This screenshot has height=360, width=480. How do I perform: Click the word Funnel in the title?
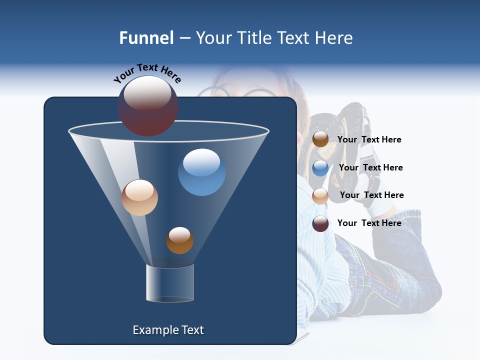(146, 38)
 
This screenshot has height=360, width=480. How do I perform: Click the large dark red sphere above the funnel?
(148, 106)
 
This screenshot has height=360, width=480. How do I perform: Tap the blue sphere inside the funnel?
(201, 172)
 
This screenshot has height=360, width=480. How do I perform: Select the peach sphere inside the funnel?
(139, 197)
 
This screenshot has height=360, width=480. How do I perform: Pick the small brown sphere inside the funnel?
(179, 240)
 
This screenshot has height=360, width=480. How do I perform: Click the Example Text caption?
(168, 330)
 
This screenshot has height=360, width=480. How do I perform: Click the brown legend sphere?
(320, 139)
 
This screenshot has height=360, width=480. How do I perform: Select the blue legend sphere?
(320, 168)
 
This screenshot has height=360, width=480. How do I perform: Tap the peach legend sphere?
(320, 195)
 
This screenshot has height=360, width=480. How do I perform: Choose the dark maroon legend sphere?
(320, 223)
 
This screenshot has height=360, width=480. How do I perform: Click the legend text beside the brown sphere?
(369, 140)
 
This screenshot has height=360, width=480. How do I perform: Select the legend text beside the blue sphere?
(370, 168)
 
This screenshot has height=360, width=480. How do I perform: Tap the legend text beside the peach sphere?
(371, 195)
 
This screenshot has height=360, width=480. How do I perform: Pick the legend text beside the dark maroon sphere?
(369, 223)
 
